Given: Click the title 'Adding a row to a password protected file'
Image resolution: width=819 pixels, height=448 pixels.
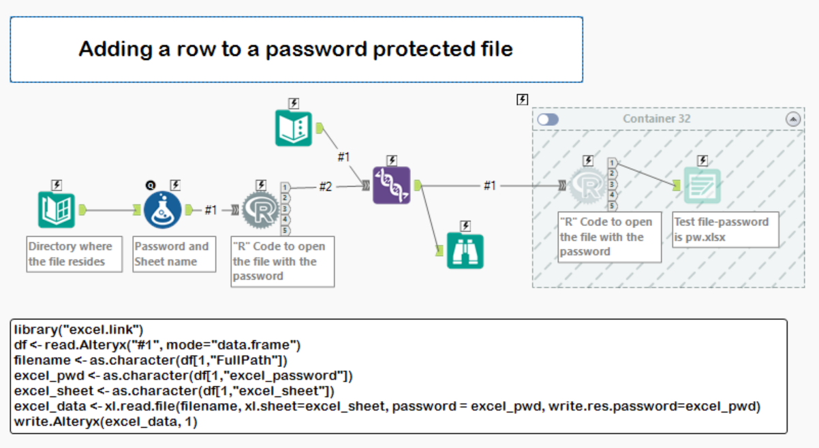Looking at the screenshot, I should tap(296, 49).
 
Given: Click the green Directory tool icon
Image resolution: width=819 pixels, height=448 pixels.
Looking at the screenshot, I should tap(57, 210).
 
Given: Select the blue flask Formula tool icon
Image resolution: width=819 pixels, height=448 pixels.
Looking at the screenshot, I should tap(163, 210).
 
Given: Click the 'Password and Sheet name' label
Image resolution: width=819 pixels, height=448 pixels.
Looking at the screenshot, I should tap(171, 254).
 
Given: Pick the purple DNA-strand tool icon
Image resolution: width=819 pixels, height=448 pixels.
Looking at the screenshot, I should tap(392, 185).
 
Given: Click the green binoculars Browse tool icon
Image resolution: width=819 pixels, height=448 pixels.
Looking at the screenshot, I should tap(465, 251).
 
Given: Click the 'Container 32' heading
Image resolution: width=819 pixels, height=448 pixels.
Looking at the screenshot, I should tap(656, 119).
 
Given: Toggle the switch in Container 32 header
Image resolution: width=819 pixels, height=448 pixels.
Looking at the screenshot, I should tap(548, 119).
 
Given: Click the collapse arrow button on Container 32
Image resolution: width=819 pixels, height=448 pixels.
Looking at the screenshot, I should tap(793, 119).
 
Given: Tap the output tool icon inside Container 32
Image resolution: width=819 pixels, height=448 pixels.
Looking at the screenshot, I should tap(702, 186).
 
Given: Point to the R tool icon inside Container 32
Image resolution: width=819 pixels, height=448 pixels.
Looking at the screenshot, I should tap(587, 186).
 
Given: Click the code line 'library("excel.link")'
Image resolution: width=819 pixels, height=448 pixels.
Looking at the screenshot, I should tap(79, 329).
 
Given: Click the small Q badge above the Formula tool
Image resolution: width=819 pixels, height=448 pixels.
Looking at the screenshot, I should tap(150, 185).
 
